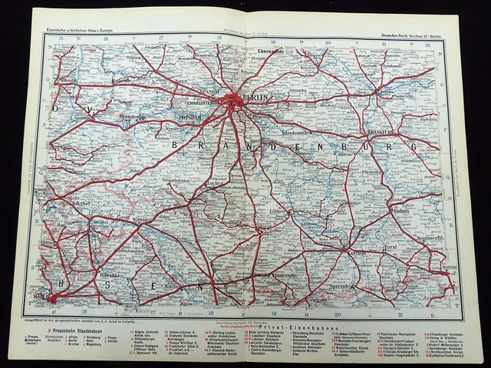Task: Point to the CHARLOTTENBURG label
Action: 195,100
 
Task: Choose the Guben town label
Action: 401,209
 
